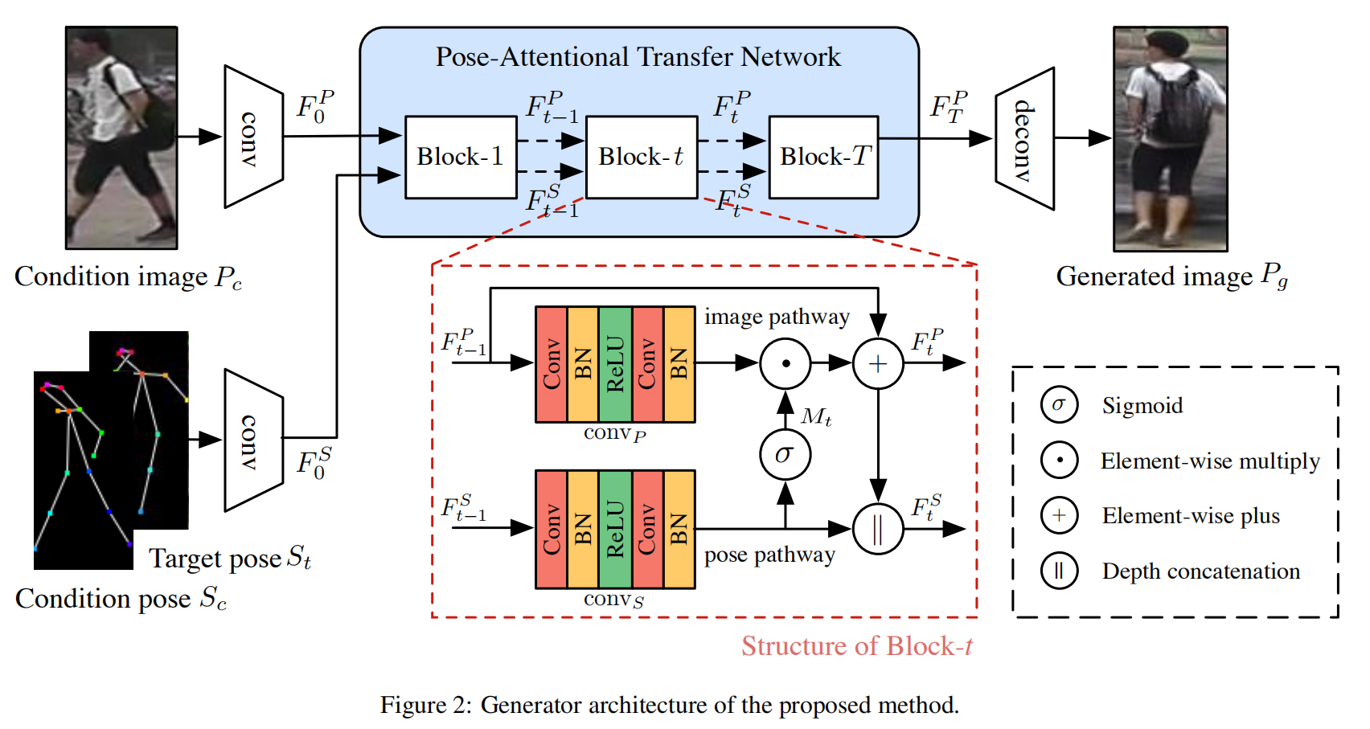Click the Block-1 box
coord(460,157)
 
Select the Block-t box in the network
coord(641,157)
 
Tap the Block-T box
coord(823,157)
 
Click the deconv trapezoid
coord(1024,139)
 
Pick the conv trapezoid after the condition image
coord(253,137)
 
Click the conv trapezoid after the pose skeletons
coord(253,440)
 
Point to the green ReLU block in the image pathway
coord(615,364)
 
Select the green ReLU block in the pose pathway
coord(615,529)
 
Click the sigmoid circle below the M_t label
coord(785,454)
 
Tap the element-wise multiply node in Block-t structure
coord(785,364)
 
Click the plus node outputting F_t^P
coord(878,364)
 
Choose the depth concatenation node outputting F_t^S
coord(878,529)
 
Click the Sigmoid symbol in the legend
coord(1059,405)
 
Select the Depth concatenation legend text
coord(1200,571)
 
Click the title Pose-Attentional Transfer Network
coord(638,57)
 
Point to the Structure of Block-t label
coord(856,646)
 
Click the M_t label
coord(816,416)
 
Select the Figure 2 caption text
coord(669,705)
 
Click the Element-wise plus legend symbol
coord(1059,515)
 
